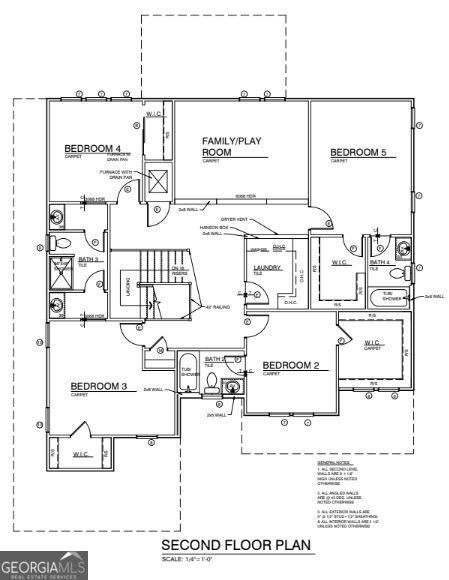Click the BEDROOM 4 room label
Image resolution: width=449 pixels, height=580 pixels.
pyautogui.click(x=84, y=148)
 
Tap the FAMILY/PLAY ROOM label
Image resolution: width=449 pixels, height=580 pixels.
pyautogui.click(x=231, y=147)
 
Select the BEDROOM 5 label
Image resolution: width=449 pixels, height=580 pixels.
pyautogui.click(x=358, y=153)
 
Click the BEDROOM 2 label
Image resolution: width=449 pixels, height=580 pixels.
pyautogui.click(x=290, y=366)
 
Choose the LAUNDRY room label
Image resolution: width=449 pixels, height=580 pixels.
pyautogui.click(x=267, y=267)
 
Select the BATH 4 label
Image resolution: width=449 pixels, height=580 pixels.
pyautogui.click(x=379, y=262)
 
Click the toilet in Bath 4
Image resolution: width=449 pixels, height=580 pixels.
pyautogui.click(x=395, y=272)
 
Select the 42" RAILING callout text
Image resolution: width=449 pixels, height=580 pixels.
pyautogui.click(x=217, y=308)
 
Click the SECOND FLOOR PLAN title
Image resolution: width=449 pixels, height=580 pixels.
pyautogui.click(x=237, y=545)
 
